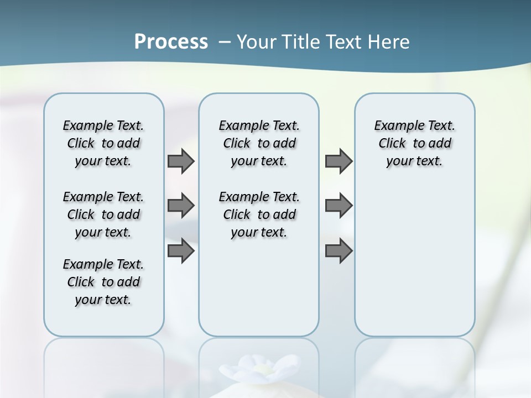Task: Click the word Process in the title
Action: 171,42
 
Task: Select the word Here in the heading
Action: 388,42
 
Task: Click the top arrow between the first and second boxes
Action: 181,161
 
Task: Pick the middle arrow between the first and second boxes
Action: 181,206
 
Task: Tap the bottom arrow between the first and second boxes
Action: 181,250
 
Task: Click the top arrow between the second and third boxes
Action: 339,161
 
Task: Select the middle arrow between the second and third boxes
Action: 339,206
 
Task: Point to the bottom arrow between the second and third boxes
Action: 339,250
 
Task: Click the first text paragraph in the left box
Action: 103,143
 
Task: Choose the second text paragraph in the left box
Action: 103,214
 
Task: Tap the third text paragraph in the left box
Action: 103,282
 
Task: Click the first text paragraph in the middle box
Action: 259,143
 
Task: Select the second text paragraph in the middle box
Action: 259,214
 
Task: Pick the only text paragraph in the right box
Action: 415,143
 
